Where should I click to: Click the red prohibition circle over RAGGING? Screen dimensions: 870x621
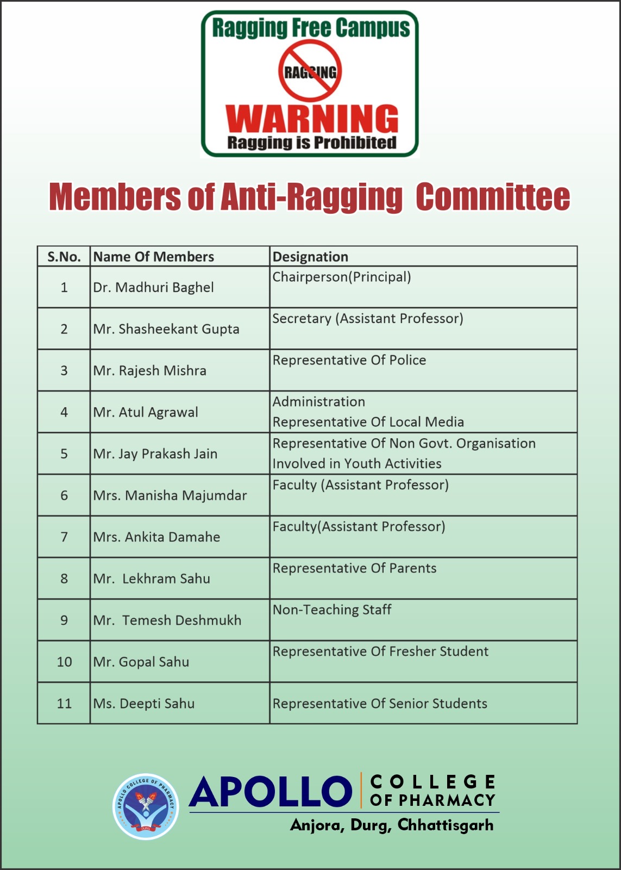click(x=310, y=71)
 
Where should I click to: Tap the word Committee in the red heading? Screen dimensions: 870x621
click(x=493, y=197)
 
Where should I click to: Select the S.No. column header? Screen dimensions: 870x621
click(x=64, y=257)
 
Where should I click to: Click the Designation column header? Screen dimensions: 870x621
click(x=310, y=257)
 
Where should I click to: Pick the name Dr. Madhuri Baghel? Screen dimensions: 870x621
click(x=153, y=287)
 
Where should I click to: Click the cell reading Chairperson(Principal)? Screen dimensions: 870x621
click(x=341, y=277)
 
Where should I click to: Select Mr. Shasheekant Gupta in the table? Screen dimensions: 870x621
click(x=166, y=329)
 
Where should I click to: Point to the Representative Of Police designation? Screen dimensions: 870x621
click(x=349, y=360)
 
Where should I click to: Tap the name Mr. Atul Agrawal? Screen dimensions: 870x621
click(x=146, y=412)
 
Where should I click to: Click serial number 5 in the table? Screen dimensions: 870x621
click(x=64, y=453)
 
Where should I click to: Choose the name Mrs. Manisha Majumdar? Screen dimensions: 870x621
click(x=170, y=495)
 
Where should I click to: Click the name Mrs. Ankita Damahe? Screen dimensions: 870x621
click(x=156, y=537)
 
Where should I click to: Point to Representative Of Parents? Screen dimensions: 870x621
click(x=354, y=568)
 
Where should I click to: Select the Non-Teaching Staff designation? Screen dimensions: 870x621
click(x=331, y=610)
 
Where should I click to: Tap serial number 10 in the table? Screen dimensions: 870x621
click(x=64, y=662)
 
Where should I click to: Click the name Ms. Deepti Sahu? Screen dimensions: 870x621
click(x=143, y=704)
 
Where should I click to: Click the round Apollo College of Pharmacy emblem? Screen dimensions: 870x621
click(x=145, y=806)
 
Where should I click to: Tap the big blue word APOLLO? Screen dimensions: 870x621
click(x=271, y=792)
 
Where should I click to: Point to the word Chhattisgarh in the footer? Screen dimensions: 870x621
click(x=446, y=825)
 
